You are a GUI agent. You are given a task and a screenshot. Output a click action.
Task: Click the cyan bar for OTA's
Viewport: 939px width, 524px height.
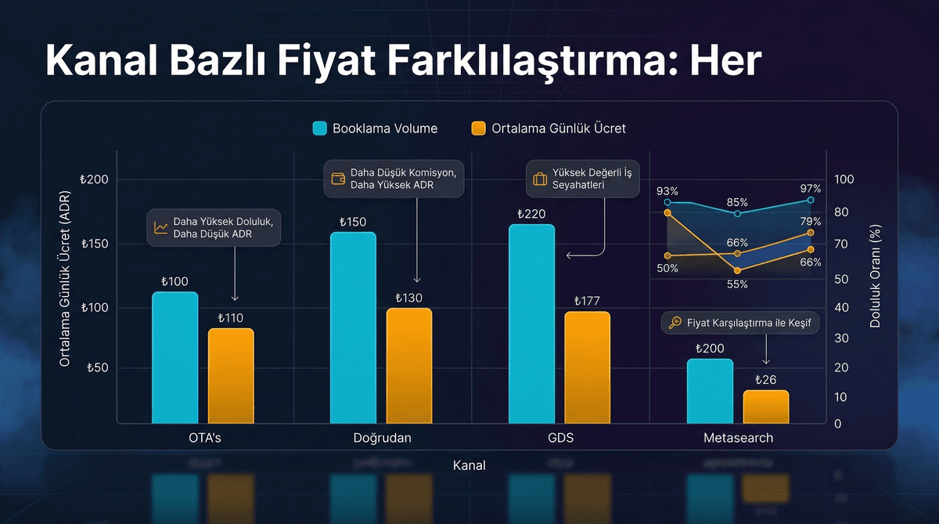pyautogui.click(x=174, y=357)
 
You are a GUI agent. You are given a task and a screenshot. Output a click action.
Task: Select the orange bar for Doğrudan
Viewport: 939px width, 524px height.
pyautogui.click(x=409, y=365)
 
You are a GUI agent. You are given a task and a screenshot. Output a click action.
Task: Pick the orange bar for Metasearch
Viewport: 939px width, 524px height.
pyautogui.click(x=766, y=407)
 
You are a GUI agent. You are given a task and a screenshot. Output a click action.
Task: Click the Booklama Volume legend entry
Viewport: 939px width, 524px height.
pyautogui.click(x=375, y=128)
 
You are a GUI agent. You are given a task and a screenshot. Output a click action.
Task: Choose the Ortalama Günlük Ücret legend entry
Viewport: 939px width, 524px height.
pyautogui.click(x=549, y=128)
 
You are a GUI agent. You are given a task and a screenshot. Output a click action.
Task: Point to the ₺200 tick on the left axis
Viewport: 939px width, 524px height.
pyautogui.click(x=94, y=180)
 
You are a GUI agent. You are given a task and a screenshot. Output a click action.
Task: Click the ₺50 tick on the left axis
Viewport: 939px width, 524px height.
pyautogui.click(x=97, y=367)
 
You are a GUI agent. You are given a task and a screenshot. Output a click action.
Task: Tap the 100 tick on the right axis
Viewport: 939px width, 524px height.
pyautogui.click(x=844, y=179)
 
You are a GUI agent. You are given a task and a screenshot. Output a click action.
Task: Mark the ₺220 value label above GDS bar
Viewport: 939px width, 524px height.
pyautogui.click(x=531, y=214)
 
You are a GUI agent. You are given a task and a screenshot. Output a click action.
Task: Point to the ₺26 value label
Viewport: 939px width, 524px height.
pyautogui.click(x=766, y=380)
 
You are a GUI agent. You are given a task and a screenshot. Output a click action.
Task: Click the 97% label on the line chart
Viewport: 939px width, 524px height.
pyautogui.click(x=811, y=189)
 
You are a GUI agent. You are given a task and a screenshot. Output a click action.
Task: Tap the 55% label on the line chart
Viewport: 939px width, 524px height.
pyautogui.click(x=737, y=284)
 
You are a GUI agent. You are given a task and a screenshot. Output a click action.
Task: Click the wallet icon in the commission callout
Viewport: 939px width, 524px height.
pyautogui.click(x=339, y=178)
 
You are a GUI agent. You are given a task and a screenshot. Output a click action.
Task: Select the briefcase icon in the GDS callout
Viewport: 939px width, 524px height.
pyautogui.click(x=540, y=179)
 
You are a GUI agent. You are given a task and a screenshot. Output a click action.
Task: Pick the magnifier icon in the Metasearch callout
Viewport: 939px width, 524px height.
pyautogui.click(x=675, y=323)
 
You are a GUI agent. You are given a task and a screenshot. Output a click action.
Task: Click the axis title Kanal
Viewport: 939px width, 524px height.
pyautogui.click(x=469, y=465)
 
